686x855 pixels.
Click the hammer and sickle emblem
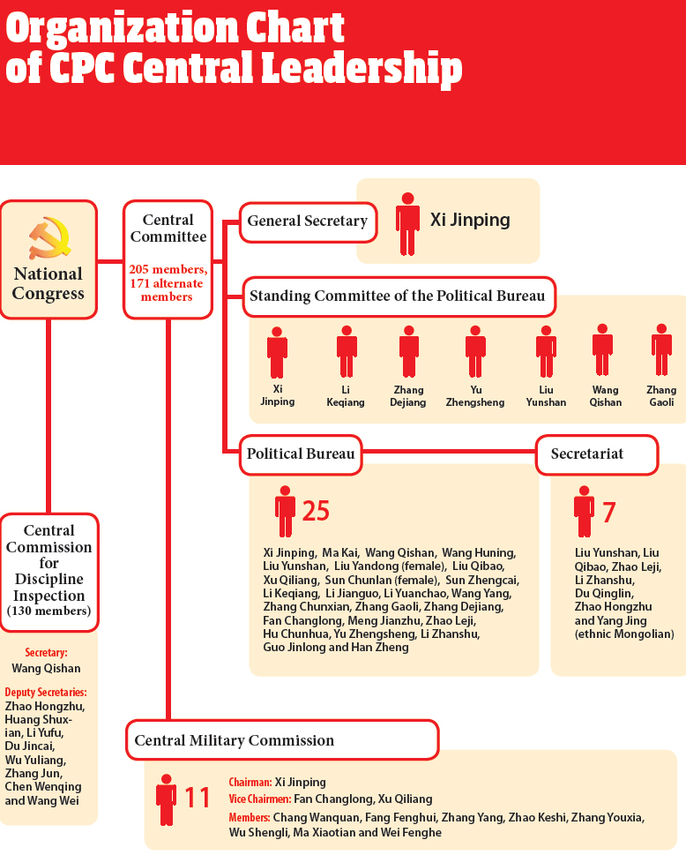49,238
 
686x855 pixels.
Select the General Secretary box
309,222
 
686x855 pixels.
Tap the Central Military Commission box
282,740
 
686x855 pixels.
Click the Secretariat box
597,454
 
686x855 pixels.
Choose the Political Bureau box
301,454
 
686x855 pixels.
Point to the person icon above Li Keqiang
347,352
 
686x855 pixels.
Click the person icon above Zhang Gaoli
661,350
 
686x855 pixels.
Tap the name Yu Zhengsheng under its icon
475,396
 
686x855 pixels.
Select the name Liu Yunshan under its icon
546,396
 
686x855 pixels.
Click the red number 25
316,511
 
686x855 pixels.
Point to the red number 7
609,512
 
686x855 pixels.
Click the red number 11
198,798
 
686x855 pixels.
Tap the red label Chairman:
250,783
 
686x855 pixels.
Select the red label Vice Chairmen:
260,799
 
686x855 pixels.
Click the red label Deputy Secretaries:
46,693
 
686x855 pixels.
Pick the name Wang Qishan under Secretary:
47,669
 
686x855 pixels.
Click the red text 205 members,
168,269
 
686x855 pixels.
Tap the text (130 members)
49,611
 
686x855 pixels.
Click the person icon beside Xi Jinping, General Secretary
407,224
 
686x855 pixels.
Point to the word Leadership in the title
362,68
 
